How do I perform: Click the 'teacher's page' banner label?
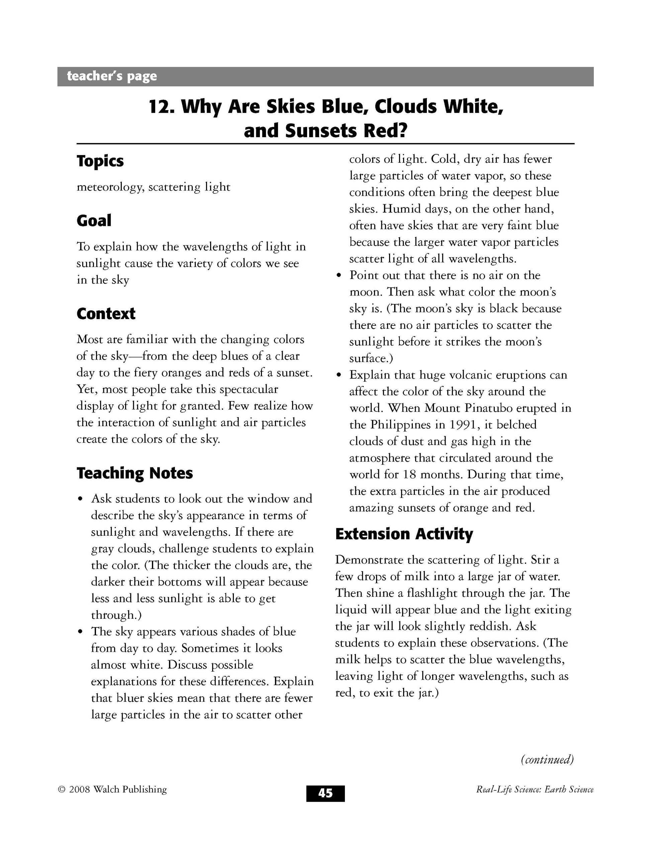(112, 76)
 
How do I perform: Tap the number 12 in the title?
(159, 107)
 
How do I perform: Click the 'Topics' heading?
(100, 161)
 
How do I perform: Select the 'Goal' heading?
(94, 221)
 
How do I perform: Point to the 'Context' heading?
(106, 314)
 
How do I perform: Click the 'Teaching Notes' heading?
(134, 473)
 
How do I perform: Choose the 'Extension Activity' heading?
(404, 534)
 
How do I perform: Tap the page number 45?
(325, 793)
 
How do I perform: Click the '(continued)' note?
(547, 759)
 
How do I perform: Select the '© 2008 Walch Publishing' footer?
(112, 790)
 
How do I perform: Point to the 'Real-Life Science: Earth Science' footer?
(535, 790)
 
